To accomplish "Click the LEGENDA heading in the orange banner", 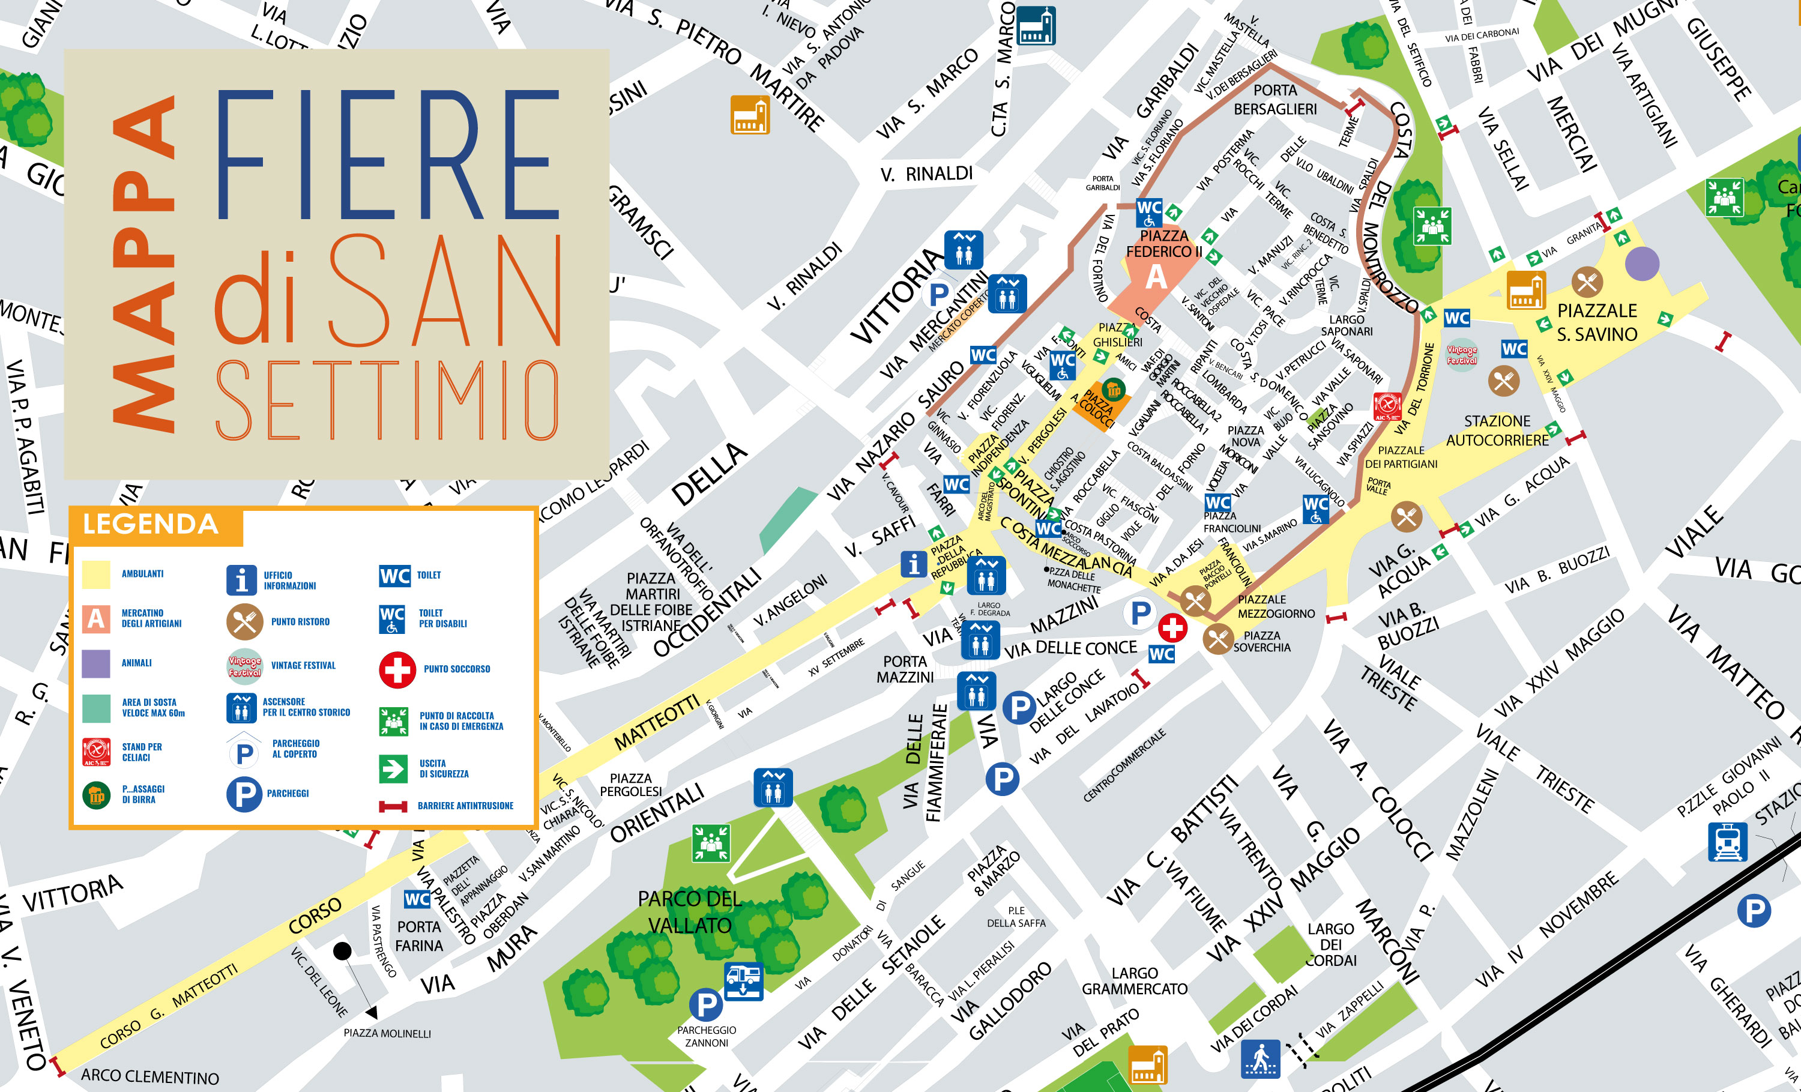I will coord(151,525).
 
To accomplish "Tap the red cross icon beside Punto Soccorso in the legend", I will coord(397,669).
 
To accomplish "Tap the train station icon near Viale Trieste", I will coord(1727,843).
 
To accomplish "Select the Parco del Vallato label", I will coord(689,912).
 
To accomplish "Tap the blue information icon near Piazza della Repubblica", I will coord(913,564).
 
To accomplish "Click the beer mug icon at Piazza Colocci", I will coord(1113,389).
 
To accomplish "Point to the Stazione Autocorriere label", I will coord(1497,430).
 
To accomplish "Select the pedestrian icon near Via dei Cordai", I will coord(1261,1058).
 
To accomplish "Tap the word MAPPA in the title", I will coord(144,263).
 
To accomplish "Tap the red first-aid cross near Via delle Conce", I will coord(1172,627).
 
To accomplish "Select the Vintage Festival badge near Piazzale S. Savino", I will coord(1462,355).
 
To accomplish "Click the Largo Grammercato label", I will coord(1135,981).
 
